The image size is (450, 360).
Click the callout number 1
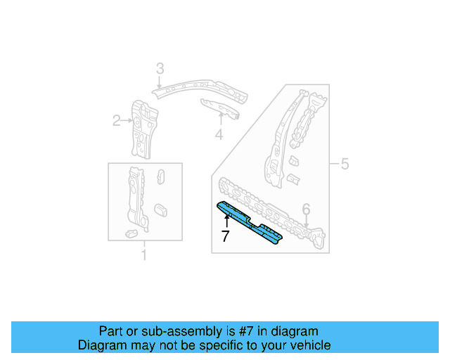[144, 255]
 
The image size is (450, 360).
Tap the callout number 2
[117, 121]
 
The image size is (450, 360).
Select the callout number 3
[160, 68]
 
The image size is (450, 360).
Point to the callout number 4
[219, 134]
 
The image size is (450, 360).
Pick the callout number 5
[345, 165]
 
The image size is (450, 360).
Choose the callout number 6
[306, 209]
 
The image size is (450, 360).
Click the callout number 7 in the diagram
[225, 236]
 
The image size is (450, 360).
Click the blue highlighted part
[250, 221]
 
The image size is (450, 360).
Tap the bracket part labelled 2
[144, 127]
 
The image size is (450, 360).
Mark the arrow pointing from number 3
[160, 82]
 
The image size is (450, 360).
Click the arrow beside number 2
[127, 121]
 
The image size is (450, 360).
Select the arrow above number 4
[220, 120]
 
